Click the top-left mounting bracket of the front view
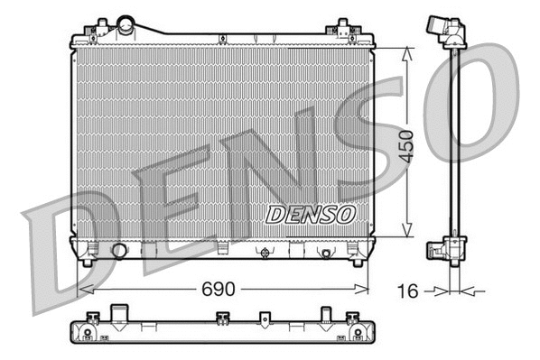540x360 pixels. [x=90, y=32]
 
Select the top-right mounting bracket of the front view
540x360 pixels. [x=345, y=30]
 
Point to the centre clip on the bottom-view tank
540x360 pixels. [x=265, y=318]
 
